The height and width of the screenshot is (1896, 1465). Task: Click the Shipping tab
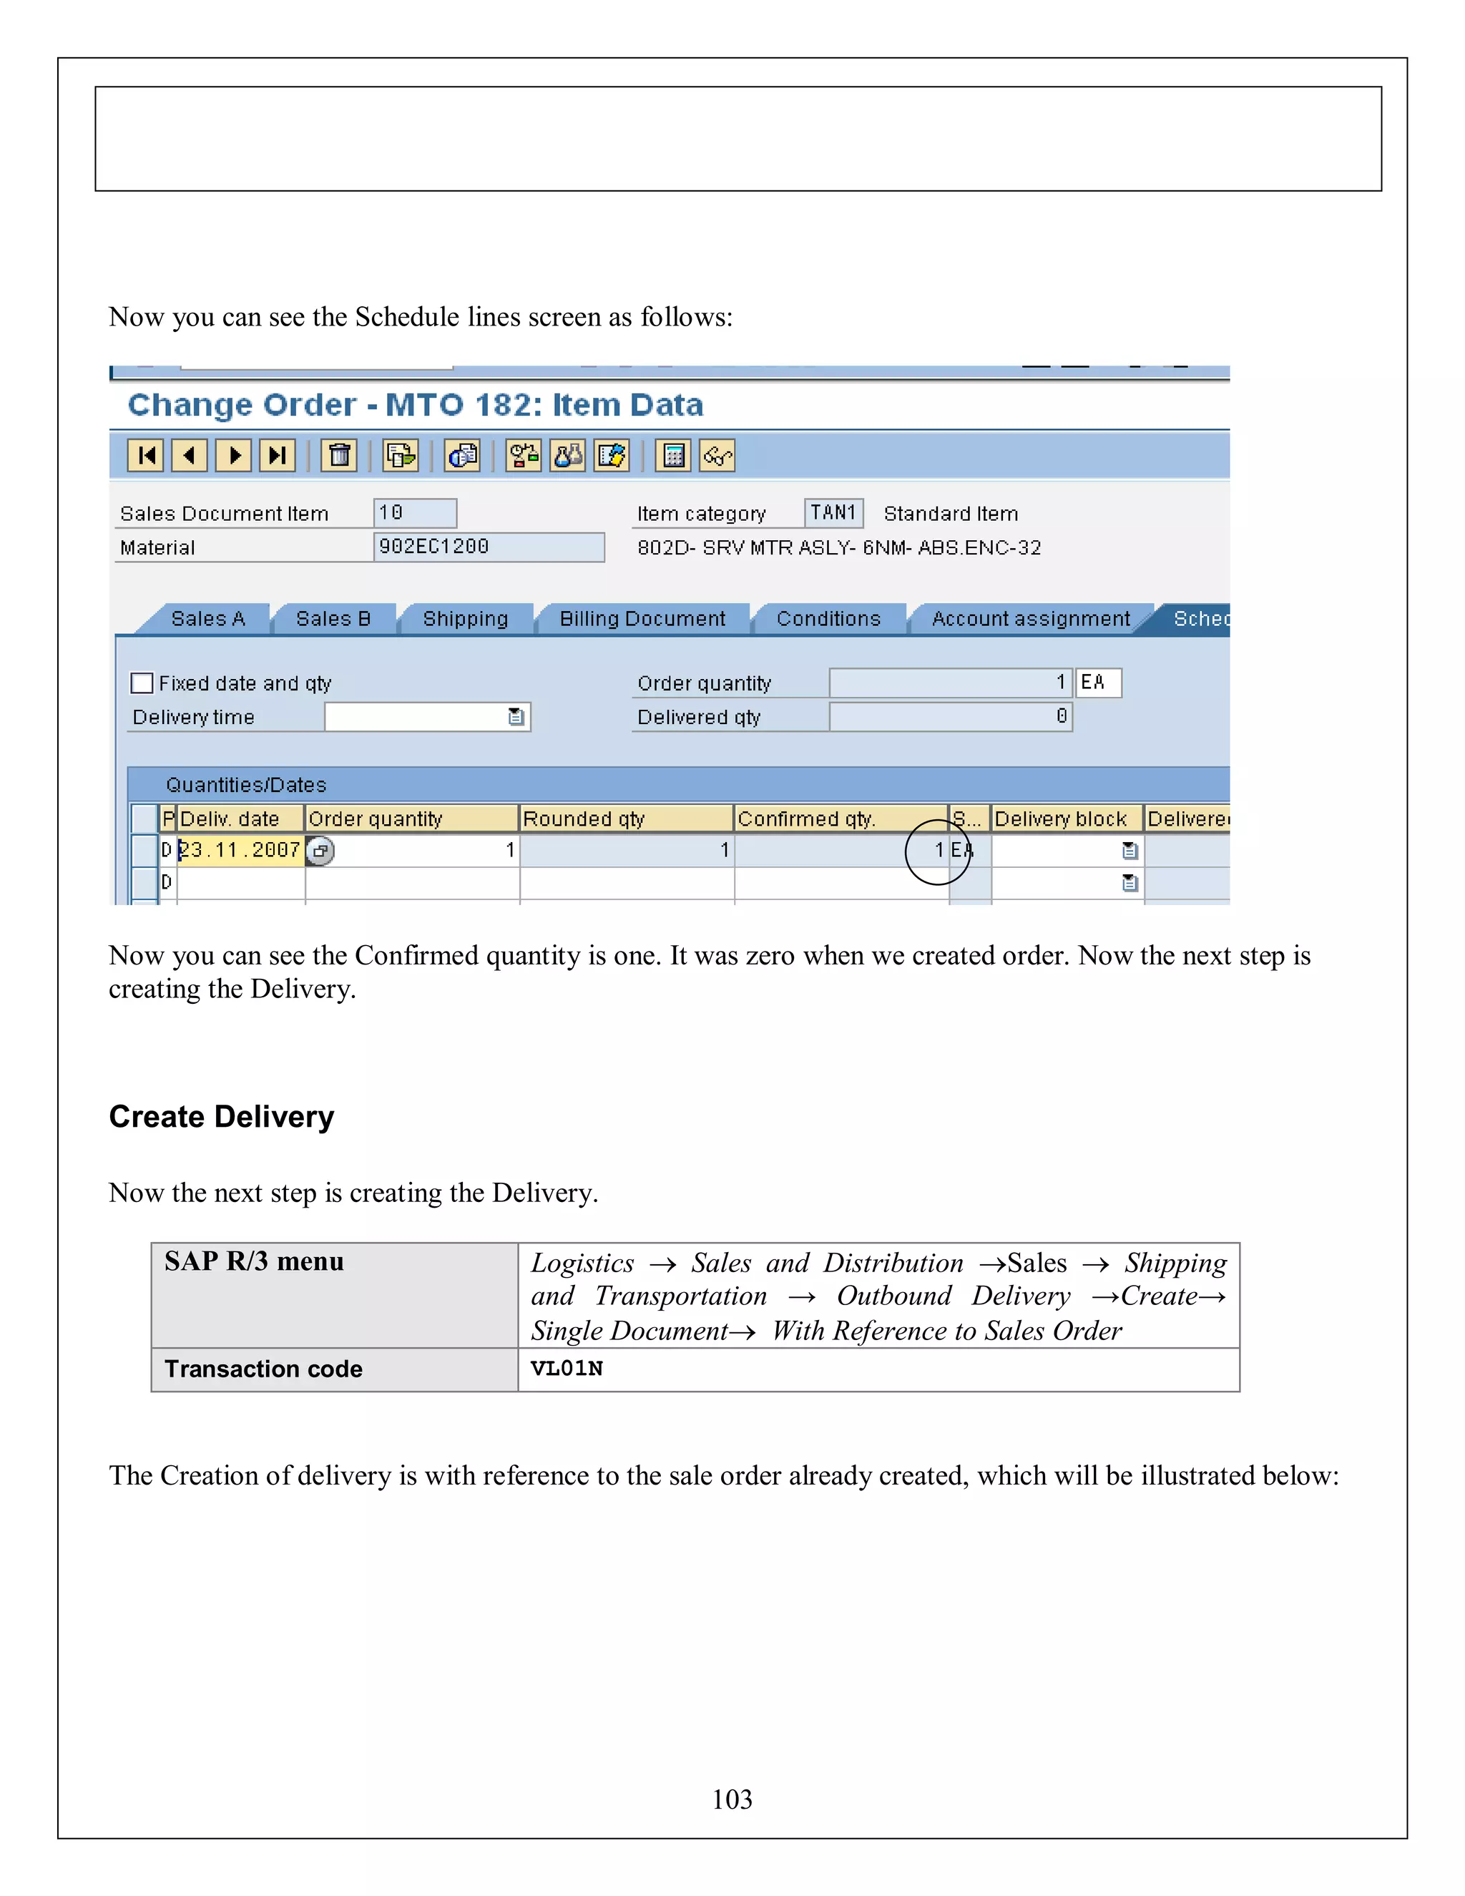(x=465, y=619)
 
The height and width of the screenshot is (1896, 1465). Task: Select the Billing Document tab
(x=642, y=619)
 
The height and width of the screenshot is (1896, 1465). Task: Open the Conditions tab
(x=828, y=619)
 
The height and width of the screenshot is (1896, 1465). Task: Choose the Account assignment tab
(x=1030, y=619)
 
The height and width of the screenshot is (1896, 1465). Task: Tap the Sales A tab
(x=208, y=619)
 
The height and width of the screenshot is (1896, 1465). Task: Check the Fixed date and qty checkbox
(x=142, y=683)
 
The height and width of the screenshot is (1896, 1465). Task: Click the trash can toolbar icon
(x=339, y=455)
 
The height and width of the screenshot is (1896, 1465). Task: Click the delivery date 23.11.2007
(x=240, y=850)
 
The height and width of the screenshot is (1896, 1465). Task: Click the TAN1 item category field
(x=833, y=513)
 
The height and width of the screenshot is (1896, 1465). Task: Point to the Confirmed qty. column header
(x=807, y=818)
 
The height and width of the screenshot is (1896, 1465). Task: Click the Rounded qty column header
(x=584, y=818)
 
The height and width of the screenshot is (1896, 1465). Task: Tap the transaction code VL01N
(x=567, y=1369)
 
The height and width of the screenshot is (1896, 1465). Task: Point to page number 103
(x=732, y=1799)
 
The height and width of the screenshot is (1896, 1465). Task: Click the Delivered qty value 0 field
(x=951, y=717)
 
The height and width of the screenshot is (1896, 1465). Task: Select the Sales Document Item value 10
(x=414, y=513)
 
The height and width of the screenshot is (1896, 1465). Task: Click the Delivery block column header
(x=1061, y=818)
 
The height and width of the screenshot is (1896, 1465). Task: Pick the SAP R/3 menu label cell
(x=254, y=1261)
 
